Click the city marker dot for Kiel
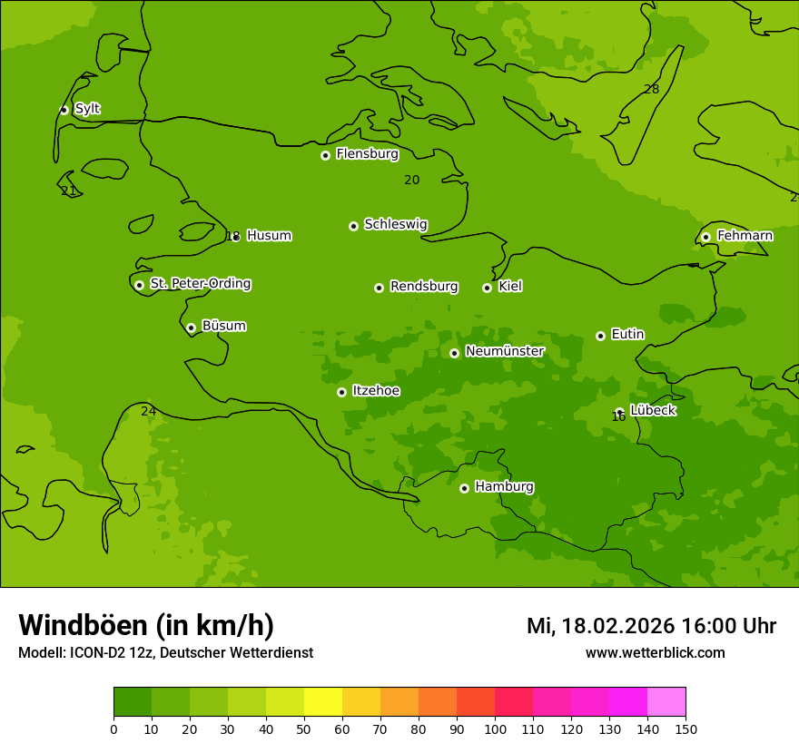487,288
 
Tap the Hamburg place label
504,486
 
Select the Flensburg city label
367,153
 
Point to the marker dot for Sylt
64,110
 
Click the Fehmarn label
745,236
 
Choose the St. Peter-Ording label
200,283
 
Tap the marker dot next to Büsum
191,328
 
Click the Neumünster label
504,351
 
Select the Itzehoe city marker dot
341,392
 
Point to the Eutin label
627,334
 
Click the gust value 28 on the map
651,89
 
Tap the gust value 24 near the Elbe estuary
148,411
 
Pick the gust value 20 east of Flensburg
411,180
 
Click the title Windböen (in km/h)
145,625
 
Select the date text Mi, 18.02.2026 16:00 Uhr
651,626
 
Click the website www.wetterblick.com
655,652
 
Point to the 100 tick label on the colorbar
495,729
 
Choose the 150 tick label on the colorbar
686,729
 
